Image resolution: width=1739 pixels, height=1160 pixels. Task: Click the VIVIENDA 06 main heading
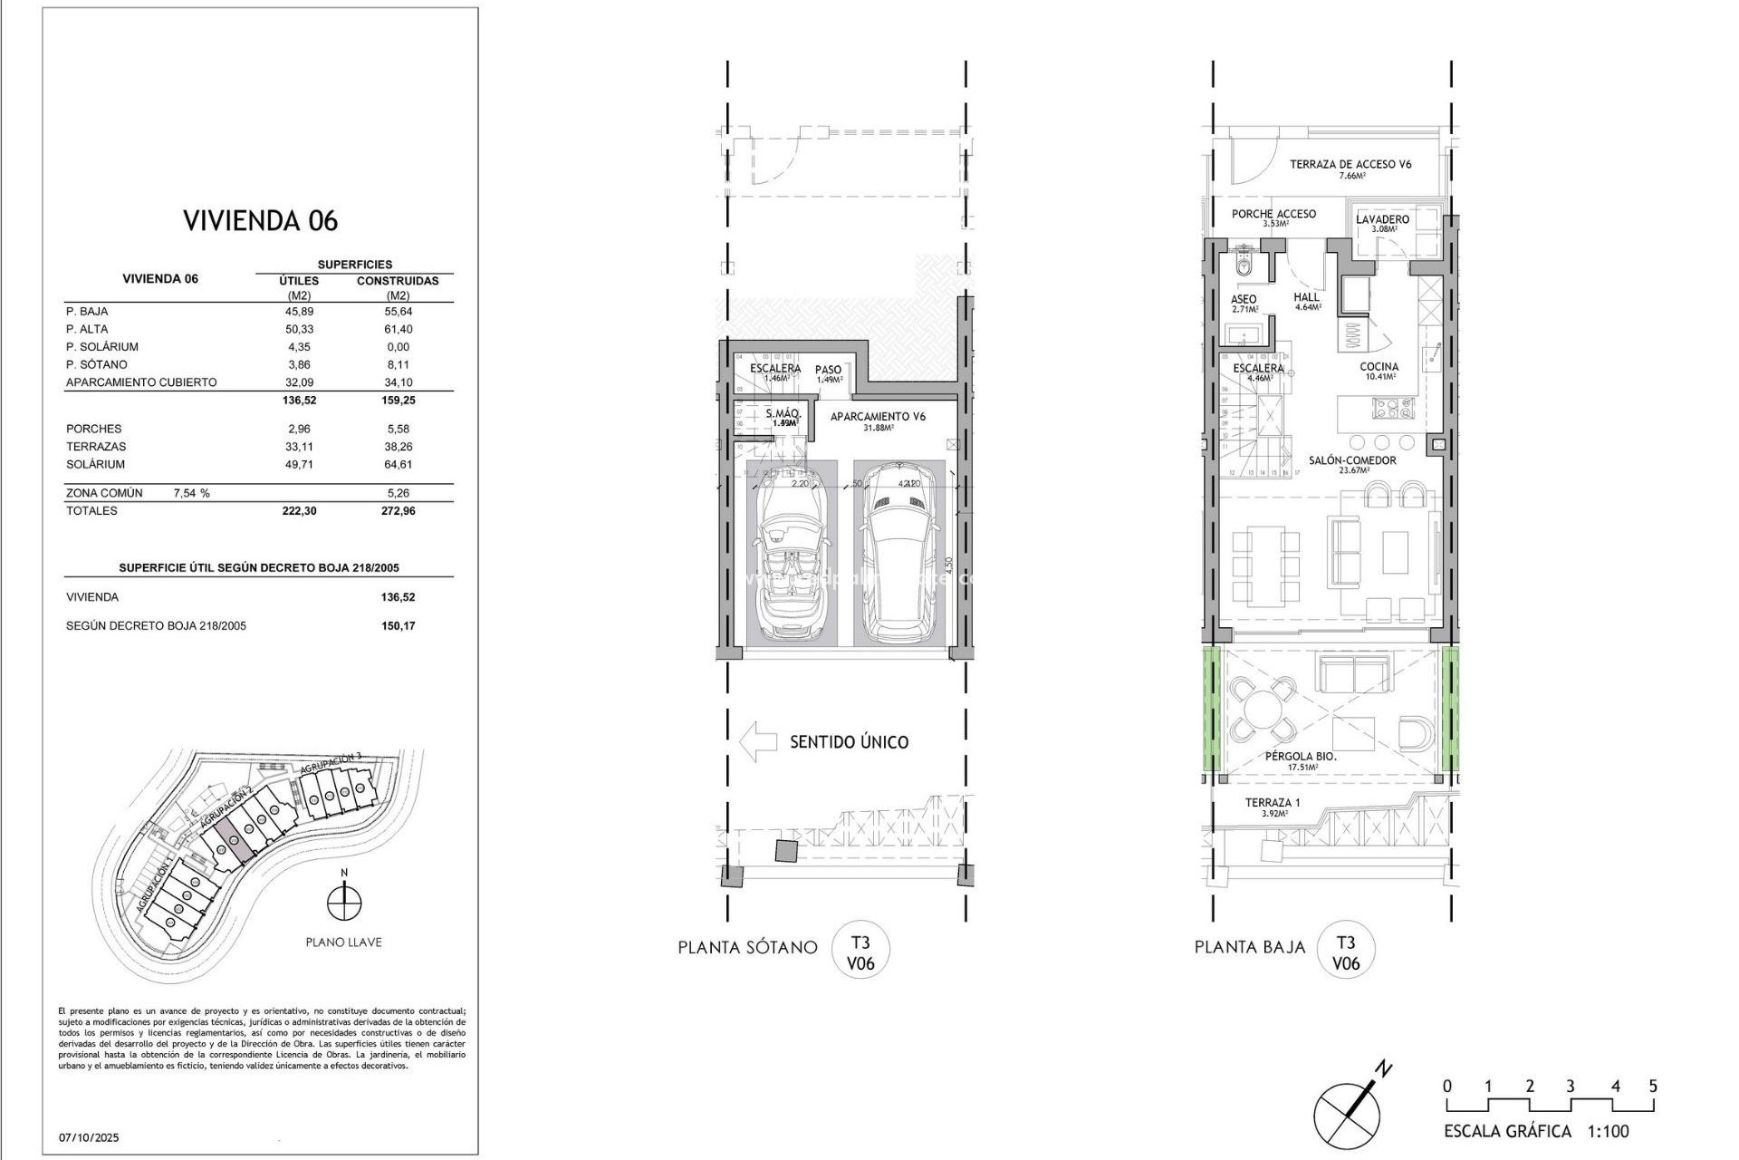261,221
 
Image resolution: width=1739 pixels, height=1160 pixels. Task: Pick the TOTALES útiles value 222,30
299,511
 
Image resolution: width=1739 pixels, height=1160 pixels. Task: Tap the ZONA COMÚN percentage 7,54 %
191,493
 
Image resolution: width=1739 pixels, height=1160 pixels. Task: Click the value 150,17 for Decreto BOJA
398,626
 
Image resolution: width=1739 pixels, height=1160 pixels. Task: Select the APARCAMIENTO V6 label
878,417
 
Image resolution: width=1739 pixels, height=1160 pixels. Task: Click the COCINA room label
1379,367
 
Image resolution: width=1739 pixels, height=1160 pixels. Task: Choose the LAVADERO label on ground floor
1382,219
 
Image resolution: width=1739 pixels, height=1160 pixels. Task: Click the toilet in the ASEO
1243,267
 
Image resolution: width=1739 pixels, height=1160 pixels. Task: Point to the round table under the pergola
1256,710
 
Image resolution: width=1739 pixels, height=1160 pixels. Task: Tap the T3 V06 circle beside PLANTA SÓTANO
860,952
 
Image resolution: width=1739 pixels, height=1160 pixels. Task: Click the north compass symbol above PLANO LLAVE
344,903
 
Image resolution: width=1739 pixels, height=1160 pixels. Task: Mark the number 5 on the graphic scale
1653,1086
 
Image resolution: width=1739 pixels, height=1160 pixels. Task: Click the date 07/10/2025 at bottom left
89,1137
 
